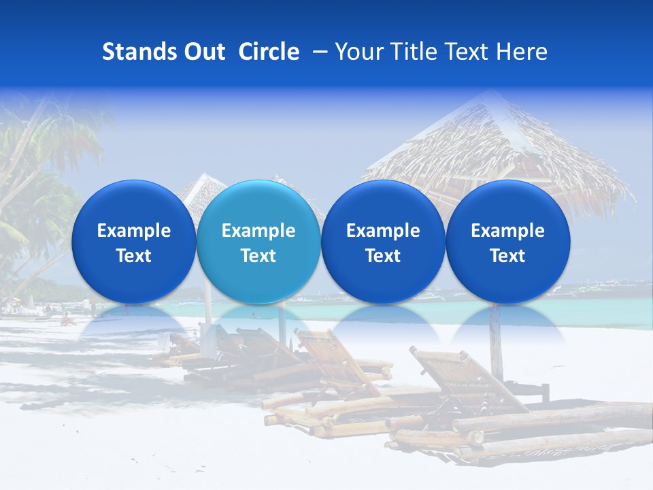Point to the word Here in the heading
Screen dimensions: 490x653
(x=522, y=52)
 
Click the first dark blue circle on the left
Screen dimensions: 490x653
(x=133, y=242)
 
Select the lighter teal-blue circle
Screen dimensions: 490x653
(x=258, y=242)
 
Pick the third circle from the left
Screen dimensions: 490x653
(x=383, y=242)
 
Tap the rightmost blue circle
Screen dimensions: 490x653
(x=507, y=242)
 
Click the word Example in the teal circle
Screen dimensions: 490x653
(x=258, y=231)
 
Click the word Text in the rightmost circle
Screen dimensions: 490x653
(x=507, y=256)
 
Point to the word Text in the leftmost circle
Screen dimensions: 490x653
(x=133, y=256)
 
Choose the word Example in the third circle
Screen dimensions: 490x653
(x=383, y=231)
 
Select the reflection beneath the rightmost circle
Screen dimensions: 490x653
(x=507, y=323)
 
